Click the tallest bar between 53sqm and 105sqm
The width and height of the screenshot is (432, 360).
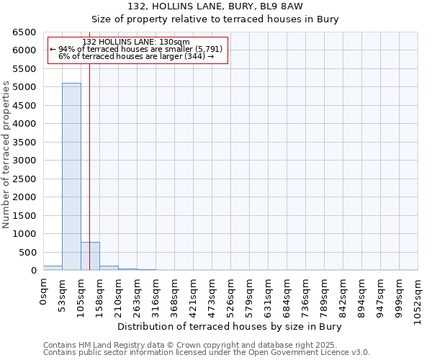pyautogui.click(x=71, y=176)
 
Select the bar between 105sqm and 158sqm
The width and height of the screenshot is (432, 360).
pyautogui.click(x=90, y=256)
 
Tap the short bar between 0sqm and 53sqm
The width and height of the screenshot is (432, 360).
pyautogui.click(x=53, y=268)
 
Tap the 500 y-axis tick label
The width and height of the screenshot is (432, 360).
pyautogui.click(x=27, y=252)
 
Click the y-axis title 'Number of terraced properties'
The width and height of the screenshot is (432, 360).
pyautogui.click(x=6, y=155)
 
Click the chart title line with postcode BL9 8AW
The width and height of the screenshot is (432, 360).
pyautogui.click(x=215, y=6)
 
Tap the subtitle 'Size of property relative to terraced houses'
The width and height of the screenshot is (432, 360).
pyautogui.click(x=215, y=19)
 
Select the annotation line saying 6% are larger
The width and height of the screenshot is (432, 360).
pyautogui.click(x=136, y=56)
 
